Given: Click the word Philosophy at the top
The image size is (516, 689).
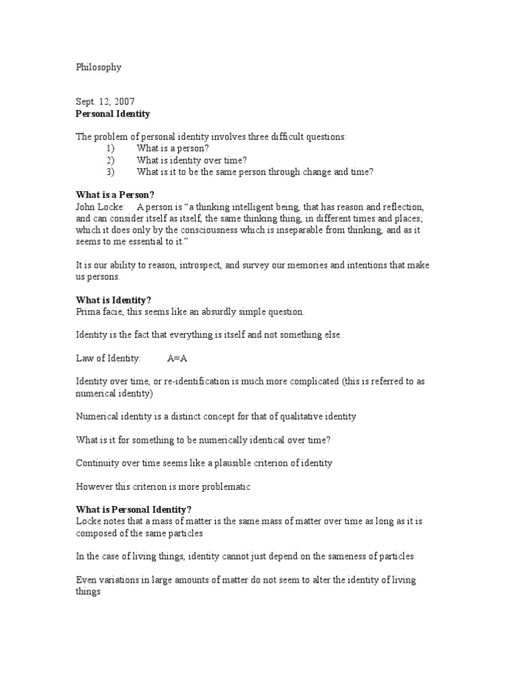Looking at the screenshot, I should (98, 67).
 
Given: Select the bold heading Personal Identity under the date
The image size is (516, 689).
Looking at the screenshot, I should (113, 114).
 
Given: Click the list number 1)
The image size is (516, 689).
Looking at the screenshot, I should (111, 149).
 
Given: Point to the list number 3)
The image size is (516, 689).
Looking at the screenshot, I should (111, 172).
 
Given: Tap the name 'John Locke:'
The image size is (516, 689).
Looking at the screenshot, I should (100, 207).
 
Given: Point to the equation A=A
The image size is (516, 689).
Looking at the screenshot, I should (177, 358).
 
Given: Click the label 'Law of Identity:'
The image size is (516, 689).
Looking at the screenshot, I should (108, 358).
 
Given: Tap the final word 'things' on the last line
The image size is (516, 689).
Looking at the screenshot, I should (88, 591).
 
